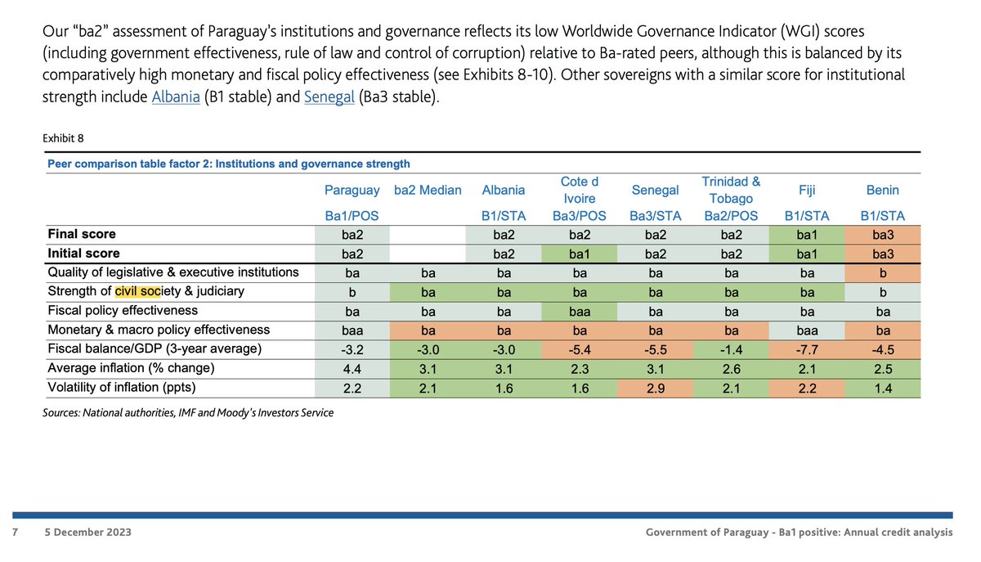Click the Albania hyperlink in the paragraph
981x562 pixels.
(176, 97)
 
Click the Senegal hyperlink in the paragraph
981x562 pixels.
(329, 97)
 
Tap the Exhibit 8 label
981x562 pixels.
(63, 138)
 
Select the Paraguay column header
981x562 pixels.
(352, 190)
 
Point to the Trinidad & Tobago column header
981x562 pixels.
(731, 190)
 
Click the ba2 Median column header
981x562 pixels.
(428, 190)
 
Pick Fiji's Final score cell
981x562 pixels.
(807, 235)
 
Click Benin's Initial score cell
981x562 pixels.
(882, 254)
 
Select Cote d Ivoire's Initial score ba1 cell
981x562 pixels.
(580, 254)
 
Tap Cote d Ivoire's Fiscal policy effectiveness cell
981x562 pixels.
(580, 312)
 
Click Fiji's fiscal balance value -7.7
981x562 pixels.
(807, 350)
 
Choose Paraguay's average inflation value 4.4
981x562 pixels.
(352, 369)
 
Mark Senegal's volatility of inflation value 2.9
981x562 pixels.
(655, 389)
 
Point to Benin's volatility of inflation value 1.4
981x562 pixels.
(882, 389)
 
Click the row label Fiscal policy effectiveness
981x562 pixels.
(123, 310)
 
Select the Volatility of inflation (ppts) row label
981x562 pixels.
(122, 387)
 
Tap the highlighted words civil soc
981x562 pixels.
(137, 291)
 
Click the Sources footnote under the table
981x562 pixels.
(188, 412)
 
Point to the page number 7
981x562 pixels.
(16, 533)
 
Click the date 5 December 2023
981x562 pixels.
(87, 533)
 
